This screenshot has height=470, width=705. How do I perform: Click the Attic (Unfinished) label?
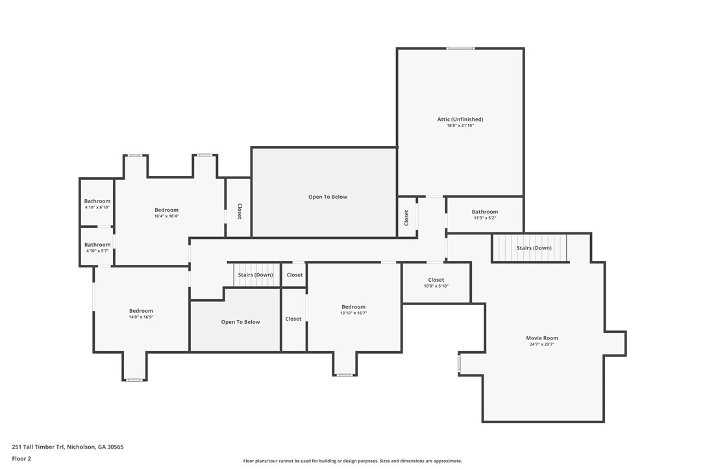click(460, 119)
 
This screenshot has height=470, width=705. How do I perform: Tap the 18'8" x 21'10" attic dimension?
click(460, 125)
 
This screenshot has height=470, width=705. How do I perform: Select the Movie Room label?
click(542, 338)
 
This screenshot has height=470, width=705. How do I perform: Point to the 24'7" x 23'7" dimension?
click(542, 345)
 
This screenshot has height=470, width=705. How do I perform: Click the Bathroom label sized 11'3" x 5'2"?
click(485, 212)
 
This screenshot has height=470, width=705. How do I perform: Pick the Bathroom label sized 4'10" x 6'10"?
click(97, 201)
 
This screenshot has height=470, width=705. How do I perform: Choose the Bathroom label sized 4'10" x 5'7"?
click(97, 245)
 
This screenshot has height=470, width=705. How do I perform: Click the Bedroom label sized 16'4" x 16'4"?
click(166, 210)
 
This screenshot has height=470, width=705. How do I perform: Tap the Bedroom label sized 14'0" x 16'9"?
click(141, 311)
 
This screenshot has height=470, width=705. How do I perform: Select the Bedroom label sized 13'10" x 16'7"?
click(353, 307)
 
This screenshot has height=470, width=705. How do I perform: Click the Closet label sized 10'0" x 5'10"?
click(436, 280)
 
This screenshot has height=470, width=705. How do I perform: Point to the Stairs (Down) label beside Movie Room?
click(534, 248)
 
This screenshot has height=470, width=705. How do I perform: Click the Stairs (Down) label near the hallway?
click(255, 275)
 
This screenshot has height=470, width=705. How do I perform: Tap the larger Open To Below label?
click(328, 197)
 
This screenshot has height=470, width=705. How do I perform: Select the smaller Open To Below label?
click(241, 322)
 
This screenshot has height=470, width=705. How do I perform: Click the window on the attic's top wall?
click(460, 48)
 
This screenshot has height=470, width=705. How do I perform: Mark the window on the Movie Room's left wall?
click(459, 364)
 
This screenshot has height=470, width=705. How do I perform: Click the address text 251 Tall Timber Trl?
click(38, 447)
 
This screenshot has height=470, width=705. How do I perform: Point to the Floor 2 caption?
click(21, 459)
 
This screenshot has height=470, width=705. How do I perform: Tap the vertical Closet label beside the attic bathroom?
click(406, 218)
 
